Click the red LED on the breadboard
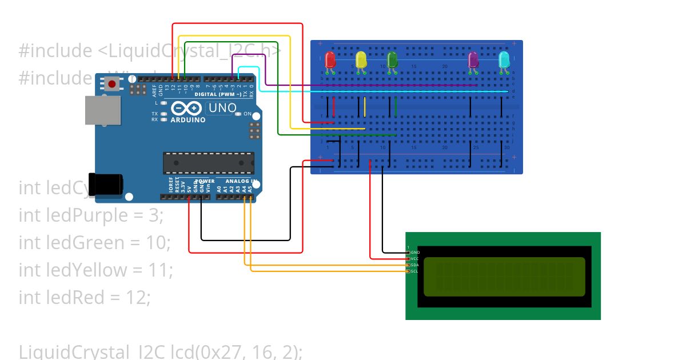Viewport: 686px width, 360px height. click(x=330, y=60)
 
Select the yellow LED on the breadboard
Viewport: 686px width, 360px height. click(x=361, y=60)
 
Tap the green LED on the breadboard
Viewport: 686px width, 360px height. click(x=392, y=60)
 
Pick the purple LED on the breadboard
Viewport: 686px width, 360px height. click(x=473, y=60)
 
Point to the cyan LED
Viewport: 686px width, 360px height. click(x=504, y=60)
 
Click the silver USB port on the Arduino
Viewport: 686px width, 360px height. click(x=103, y=110)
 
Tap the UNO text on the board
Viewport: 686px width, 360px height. click(x=222, y=107)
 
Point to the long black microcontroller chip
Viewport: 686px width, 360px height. click(x=209, y=163)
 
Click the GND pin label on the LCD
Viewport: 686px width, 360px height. click(x=415, y=252)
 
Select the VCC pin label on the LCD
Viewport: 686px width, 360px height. click(x=415, y=258)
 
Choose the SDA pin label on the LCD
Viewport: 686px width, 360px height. click(x=415, y=265)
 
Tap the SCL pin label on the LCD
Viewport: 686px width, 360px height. click(x=415, y=271)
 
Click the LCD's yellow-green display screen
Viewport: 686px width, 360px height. click(x=504, y=277)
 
